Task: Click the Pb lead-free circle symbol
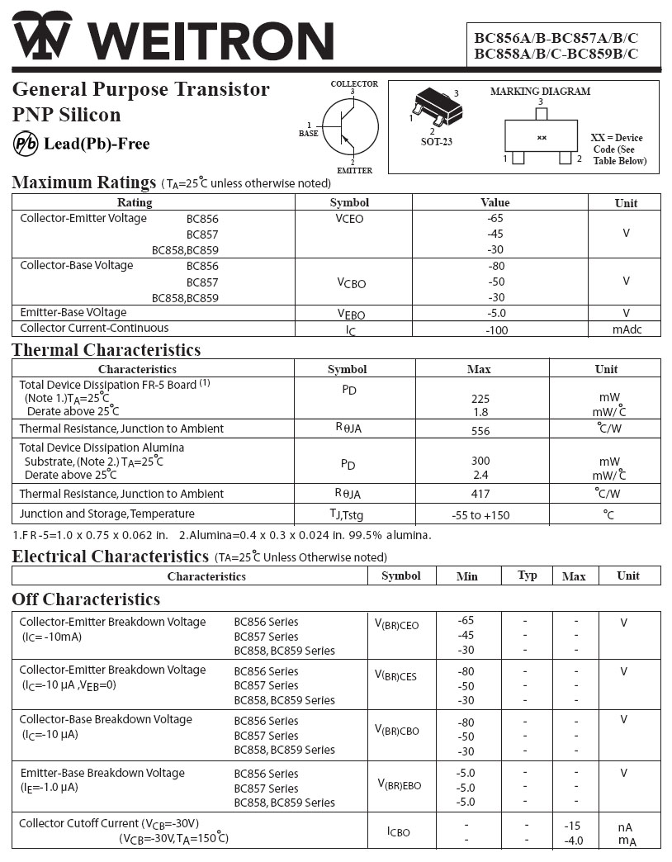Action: point(26,144)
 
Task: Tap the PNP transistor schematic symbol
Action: point(350,127)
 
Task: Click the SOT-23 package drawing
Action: point(437,107)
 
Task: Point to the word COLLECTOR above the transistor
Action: point(354,84)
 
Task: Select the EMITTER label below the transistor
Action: point(354,171)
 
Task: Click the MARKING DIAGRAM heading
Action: point(540,92)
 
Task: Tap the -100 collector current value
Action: point(496,330)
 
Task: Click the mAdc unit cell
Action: point(626,329)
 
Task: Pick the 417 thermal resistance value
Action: point(480,494)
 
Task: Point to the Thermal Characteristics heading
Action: point(106,350)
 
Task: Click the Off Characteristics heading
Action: point(86,599)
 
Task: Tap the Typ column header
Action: point(527,575)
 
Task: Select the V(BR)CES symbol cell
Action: point(395,675)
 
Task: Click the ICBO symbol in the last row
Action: point(398,831)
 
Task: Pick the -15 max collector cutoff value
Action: point(573,826)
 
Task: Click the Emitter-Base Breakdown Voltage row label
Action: point(102,773)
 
